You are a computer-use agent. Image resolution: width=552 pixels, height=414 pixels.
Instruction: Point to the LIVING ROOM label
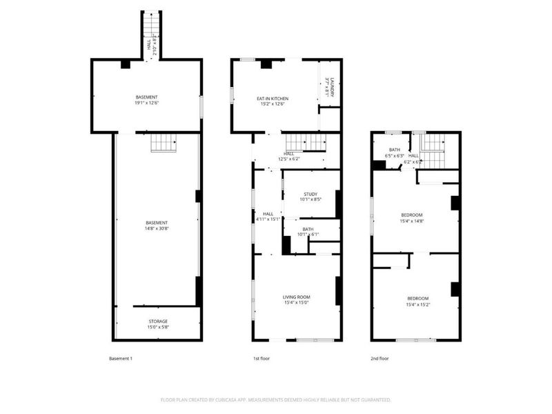tap(296, 297)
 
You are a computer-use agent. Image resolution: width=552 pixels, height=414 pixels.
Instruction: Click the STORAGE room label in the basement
tap(158, 322)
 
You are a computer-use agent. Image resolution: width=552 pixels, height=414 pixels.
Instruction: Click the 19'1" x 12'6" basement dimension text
tap(146, 103)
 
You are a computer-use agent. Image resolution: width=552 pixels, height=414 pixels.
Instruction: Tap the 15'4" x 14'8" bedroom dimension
tap(412, 221)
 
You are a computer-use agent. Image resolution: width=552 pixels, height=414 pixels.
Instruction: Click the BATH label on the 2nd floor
tap(395, 150)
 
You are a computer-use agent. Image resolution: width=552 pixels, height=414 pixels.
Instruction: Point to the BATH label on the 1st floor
tap(308, 229)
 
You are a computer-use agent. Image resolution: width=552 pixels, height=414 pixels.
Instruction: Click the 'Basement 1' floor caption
tap(120, 359)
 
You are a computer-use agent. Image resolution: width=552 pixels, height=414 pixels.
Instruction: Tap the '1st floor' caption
tap(262, 359)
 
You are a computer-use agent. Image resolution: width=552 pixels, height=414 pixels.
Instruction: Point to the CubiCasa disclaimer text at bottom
tap(276, 400)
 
